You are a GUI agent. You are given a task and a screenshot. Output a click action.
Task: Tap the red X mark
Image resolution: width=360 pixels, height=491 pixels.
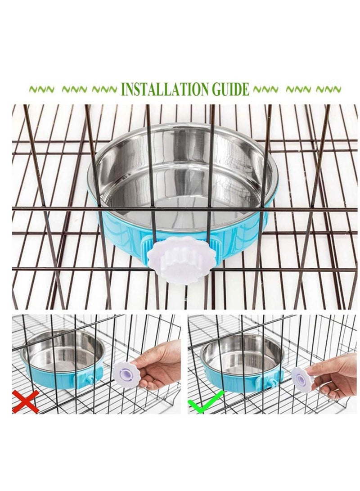(x=25, y=401)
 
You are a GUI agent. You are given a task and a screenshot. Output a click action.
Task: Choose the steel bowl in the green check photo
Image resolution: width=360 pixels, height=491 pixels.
(x=242, y=356)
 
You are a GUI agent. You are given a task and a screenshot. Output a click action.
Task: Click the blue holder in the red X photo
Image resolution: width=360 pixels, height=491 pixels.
(x=49, y=378)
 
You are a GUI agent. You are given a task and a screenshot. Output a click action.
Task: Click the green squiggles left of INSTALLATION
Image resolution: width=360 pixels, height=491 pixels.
(x=72, y=90)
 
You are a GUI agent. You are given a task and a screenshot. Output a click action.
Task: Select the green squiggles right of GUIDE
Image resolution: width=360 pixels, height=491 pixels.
(x=297, y=89)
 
